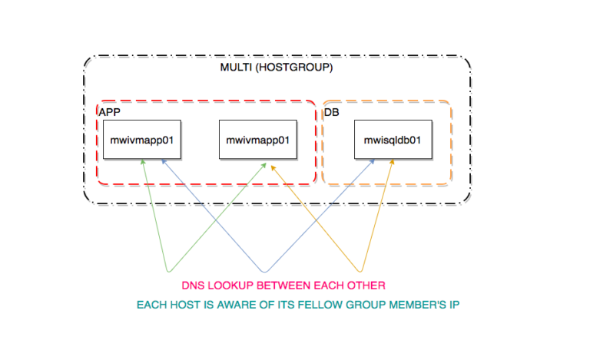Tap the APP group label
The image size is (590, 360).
coord(109,112)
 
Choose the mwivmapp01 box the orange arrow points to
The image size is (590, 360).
coord(257,140)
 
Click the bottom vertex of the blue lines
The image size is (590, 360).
coord(265,271)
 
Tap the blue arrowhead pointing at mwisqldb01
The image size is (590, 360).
coord(373,163)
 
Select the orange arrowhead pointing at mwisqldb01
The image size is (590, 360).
coord(394,163)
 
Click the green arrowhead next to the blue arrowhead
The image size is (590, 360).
coord(143,163)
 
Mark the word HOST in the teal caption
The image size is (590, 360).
coord(188,305)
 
